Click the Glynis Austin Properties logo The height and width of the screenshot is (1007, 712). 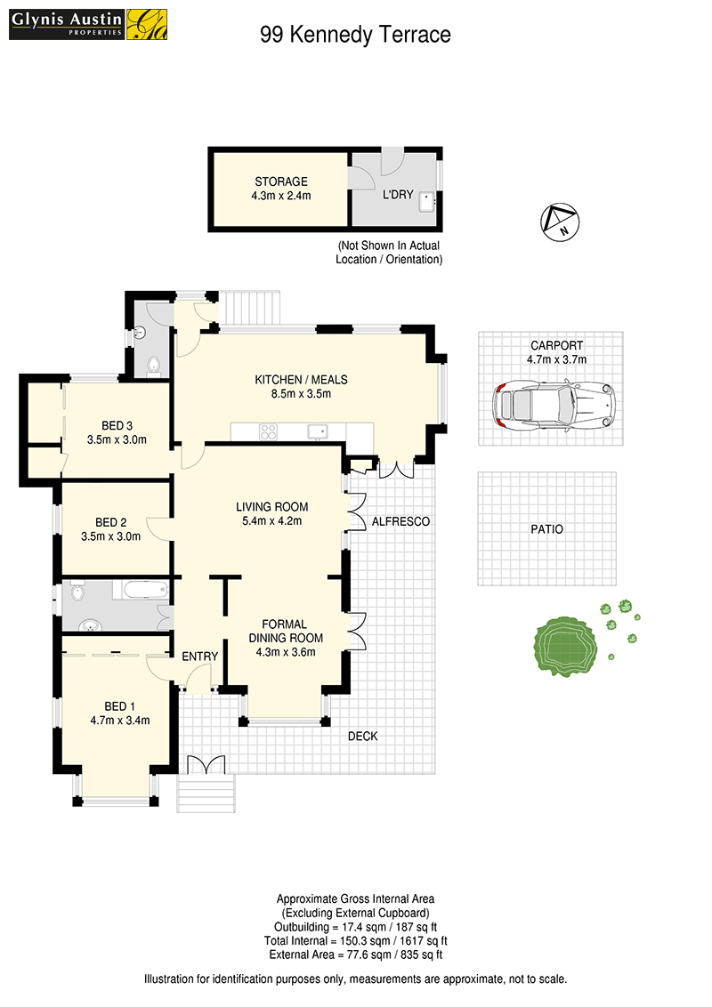click(88, 24)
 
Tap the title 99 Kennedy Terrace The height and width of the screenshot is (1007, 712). click(355, 35)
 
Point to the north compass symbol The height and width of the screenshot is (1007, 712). click(560, 222)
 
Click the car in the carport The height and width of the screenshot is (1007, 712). click(554, 406)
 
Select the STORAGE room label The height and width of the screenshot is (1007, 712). click(281, 181)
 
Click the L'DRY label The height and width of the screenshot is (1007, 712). click(398, 194)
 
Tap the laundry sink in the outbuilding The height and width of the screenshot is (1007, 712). click(426, 202)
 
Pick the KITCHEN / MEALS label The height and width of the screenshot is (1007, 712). click(302, 380)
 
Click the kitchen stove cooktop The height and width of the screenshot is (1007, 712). click(268, 431)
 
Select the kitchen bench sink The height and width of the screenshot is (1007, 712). click(318, 431)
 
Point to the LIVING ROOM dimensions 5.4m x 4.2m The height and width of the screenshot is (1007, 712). click(271, 520)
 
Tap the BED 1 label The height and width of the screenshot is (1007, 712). click(119, 706)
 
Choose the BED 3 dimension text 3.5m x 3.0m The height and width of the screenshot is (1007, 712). click(117, 440)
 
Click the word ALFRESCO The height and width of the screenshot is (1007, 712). click(401, 521)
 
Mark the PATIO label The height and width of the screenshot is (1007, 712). click(546, 529)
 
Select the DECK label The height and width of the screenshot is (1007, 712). click(363, 736)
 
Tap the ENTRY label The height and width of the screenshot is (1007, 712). click(200, 657)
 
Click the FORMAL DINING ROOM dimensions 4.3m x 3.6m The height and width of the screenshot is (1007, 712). click(286, 652)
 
